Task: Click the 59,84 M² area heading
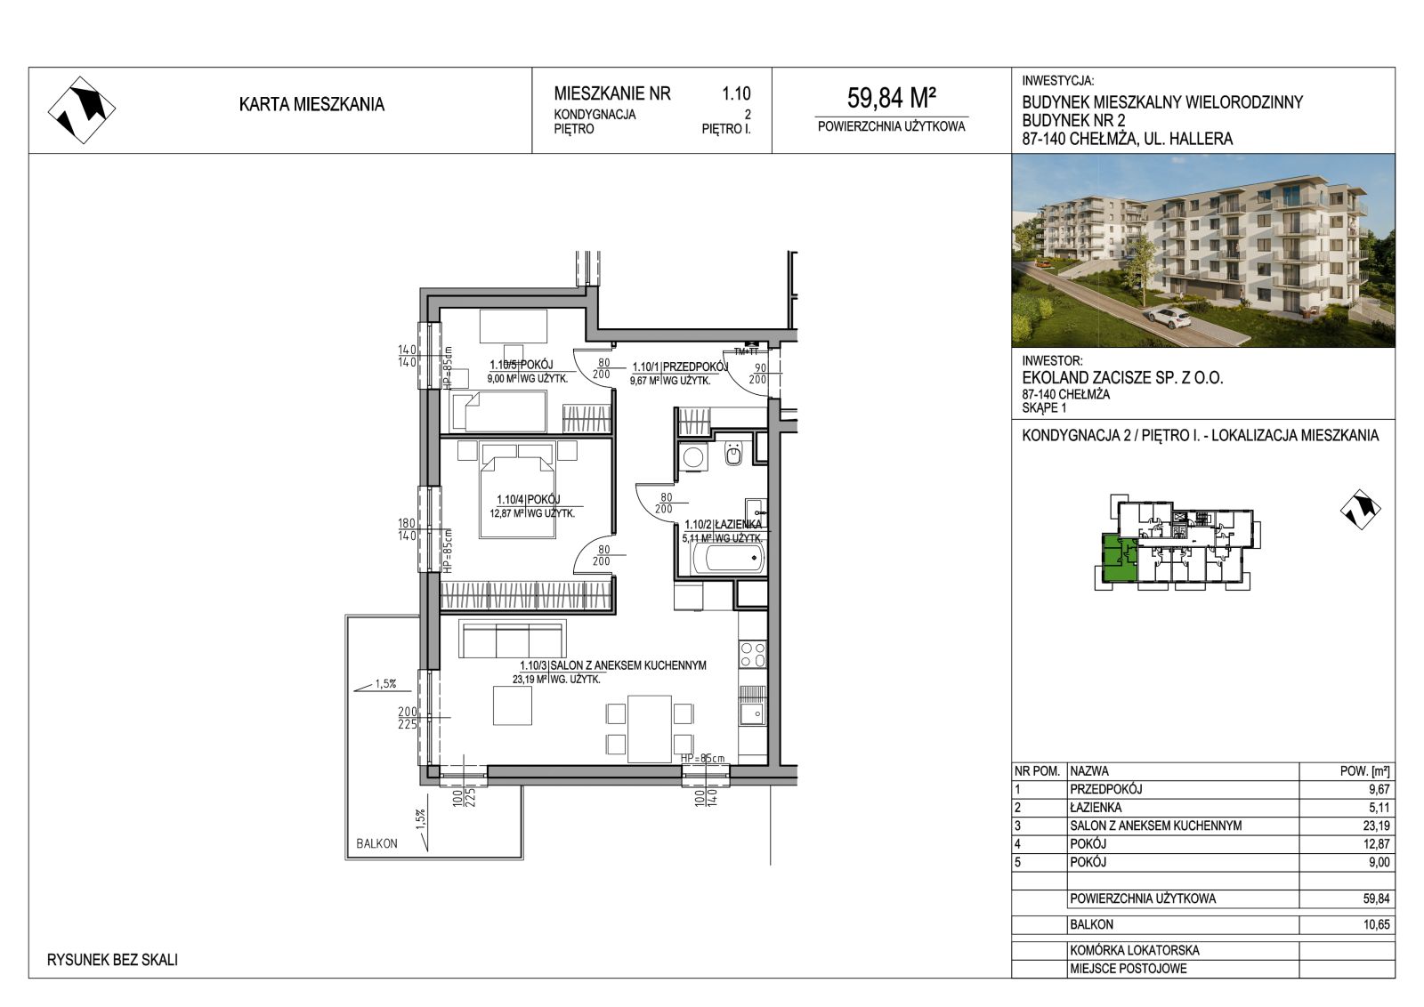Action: click(x=891, y=98)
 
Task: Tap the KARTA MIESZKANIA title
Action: click(x=311, y=104)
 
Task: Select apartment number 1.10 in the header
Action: click(x=736, y=93)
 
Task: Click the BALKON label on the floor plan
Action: click(x=377, y=843)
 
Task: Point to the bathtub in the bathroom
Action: click(x=727, y=559)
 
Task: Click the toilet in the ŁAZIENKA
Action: click(x=733, y=454)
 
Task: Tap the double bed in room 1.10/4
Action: click(x=518, y=490)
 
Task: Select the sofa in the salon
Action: click(x=513, y=639)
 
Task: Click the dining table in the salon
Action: click(x=650, y=729)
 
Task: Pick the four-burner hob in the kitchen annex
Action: click(x=753, y=655)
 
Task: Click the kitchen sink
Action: click(x=753, y=713)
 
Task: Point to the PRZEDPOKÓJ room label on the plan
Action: click(x=695, y=367)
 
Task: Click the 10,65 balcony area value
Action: click(x=1376, y=924)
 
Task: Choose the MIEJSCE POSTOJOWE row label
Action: click(x=1129, y=969)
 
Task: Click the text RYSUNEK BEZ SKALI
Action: click(x=112, y=960)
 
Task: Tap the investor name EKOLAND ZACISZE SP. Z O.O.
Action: click(x=1122, y=378)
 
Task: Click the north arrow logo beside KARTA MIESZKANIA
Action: click(x=81, y=110)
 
